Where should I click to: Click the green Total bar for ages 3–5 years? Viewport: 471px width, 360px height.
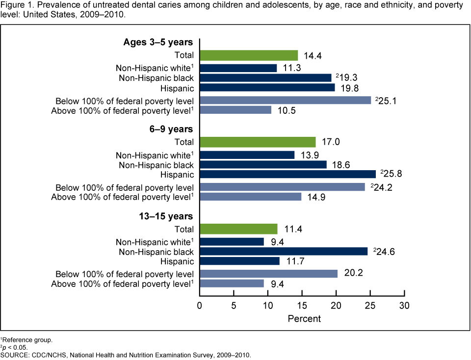(248, 55)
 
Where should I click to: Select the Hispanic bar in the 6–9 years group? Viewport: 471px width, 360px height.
(288, 174)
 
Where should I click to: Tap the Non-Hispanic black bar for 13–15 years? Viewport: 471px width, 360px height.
(283, 251)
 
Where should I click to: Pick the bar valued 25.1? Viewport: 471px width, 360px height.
(285, 100)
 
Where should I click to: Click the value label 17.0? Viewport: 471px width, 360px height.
(330, 142)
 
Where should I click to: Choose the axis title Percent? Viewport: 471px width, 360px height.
(304, 319)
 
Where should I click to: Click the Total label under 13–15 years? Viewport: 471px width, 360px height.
(183, 229)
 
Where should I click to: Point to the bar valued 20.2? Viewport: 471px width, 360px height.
(268, 273)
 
